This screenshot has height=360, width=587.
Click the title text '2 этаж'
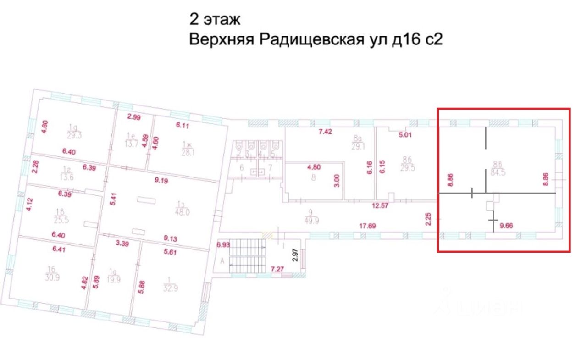point(215,19)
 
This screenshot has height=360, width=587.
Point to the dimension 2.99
point(133,117)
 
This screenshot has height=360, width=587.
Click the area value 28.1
point(189,153)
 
